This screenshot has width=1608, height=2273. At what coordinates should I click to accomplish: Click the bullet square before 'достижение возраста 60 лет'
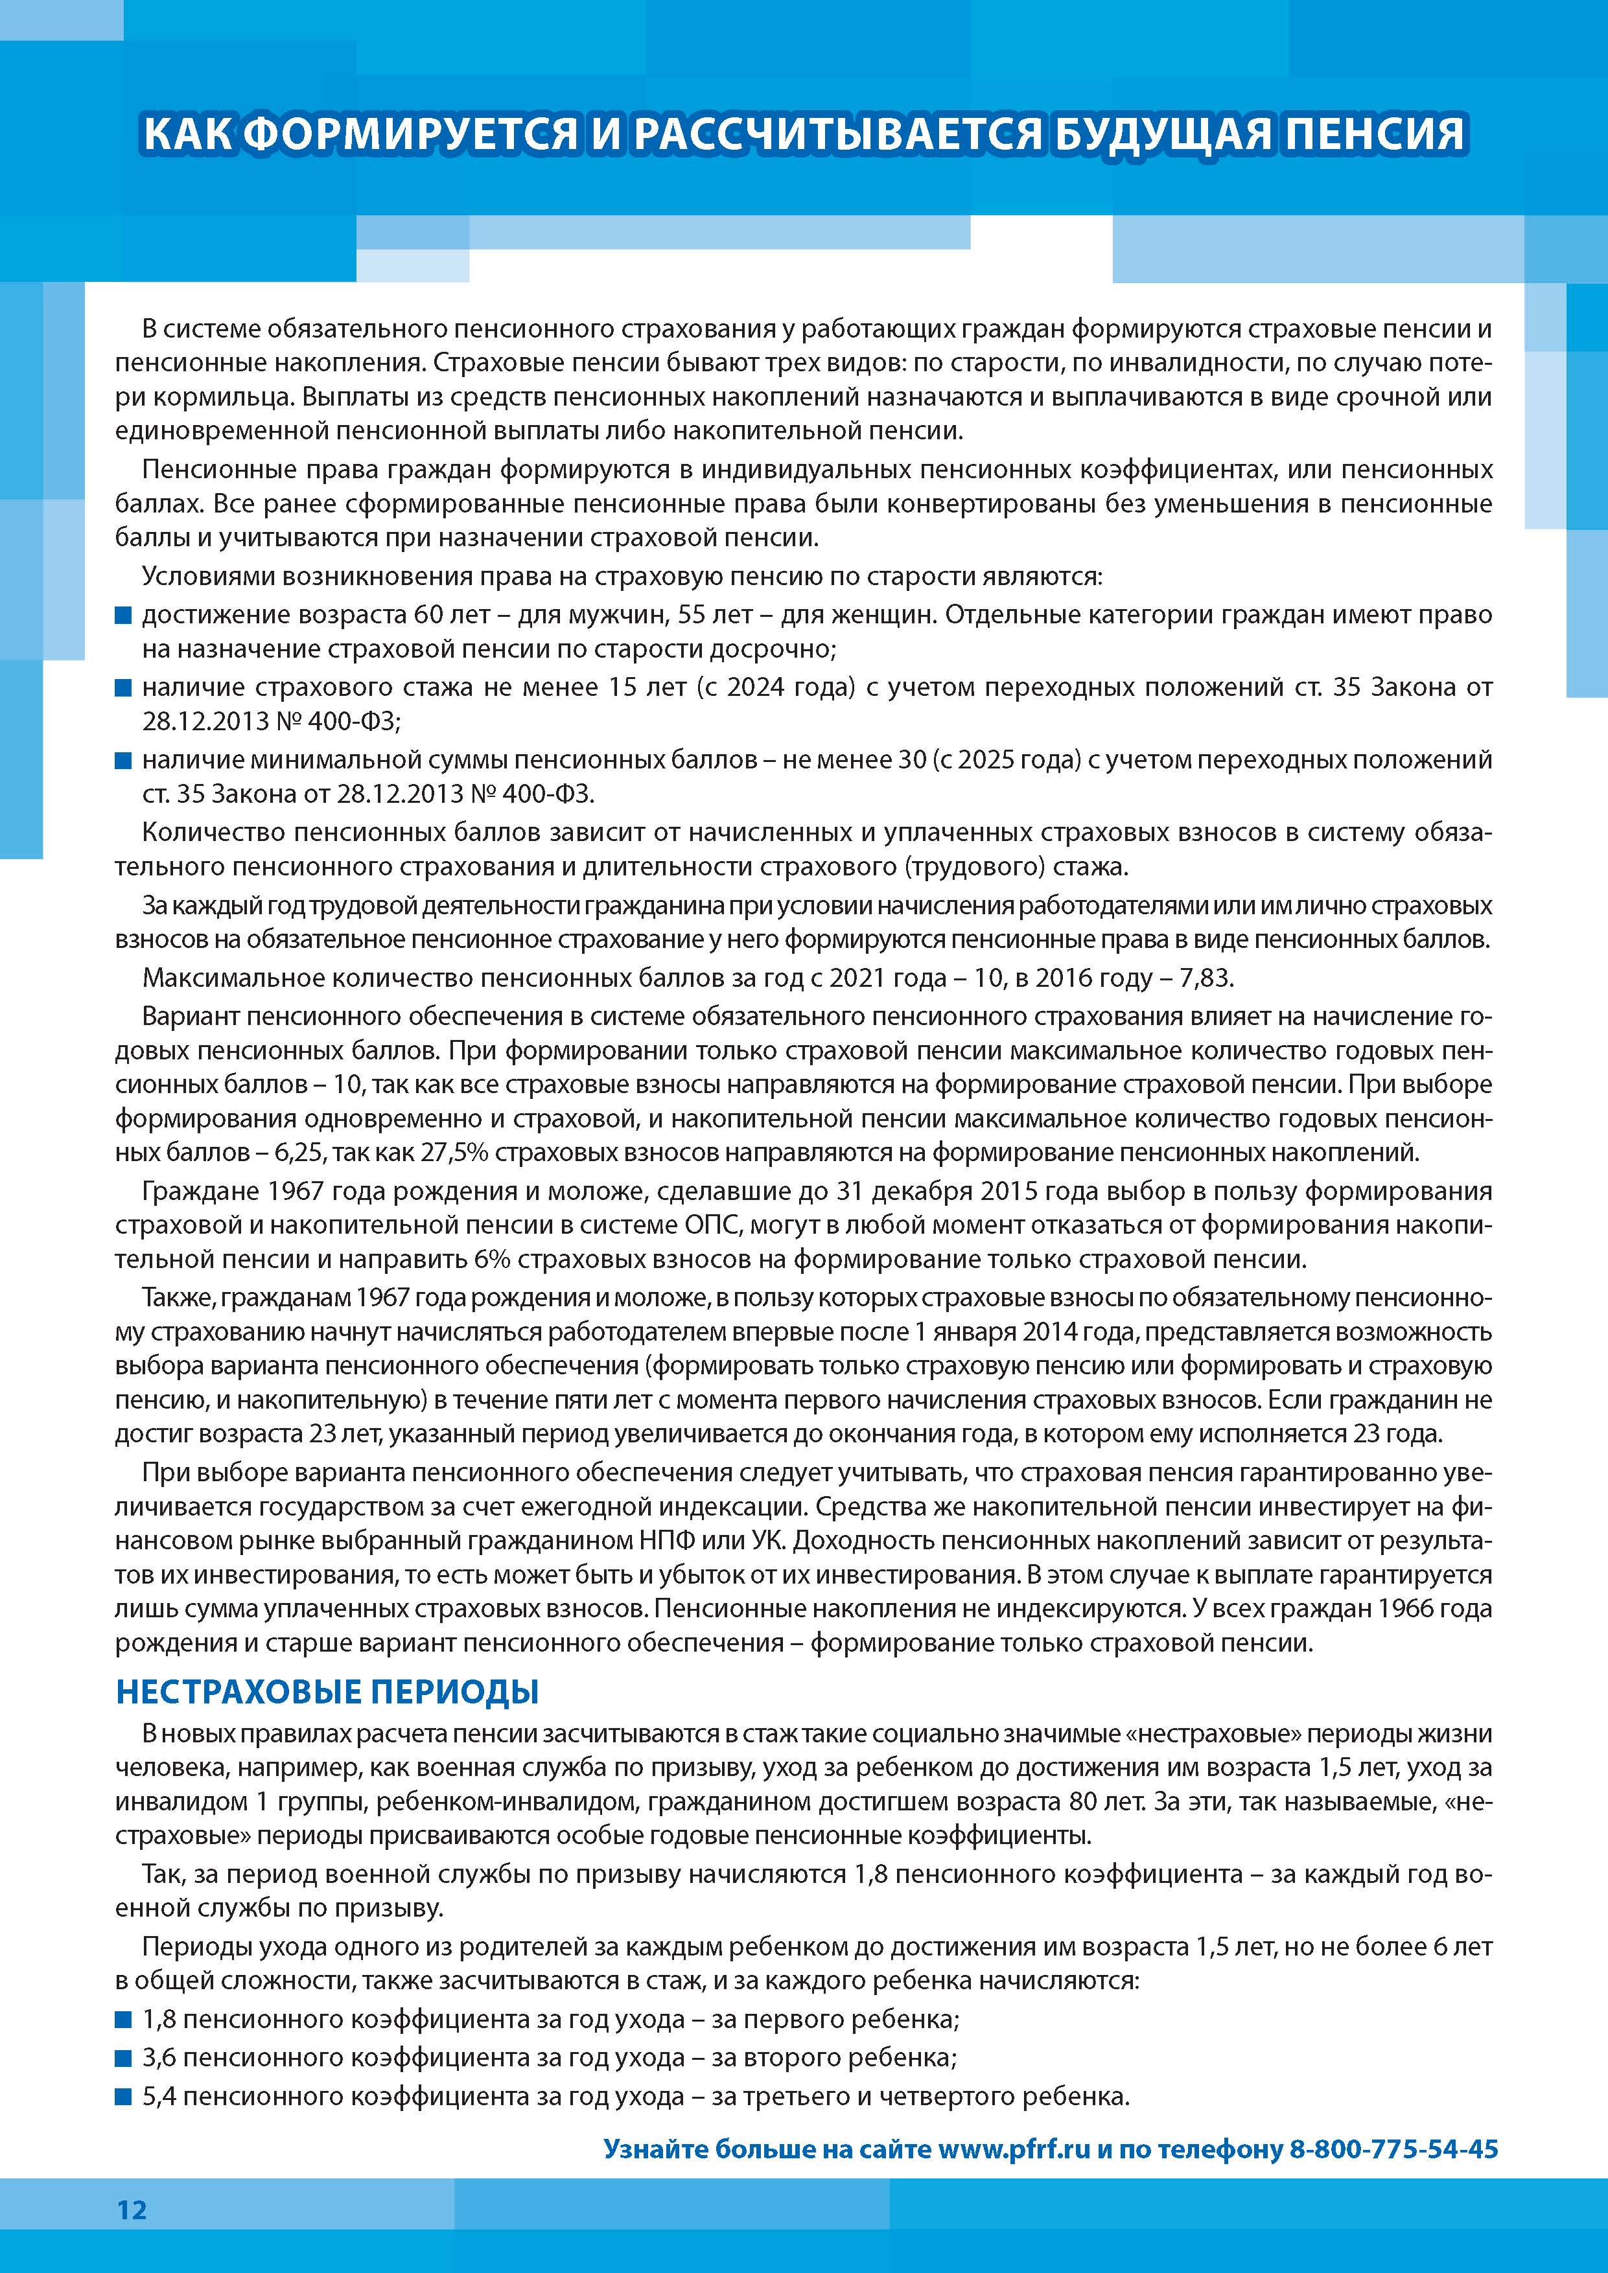[124, 616]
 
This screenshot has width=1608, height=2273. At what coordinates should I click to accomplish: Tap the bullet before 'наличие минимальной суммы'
[124, 760]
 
